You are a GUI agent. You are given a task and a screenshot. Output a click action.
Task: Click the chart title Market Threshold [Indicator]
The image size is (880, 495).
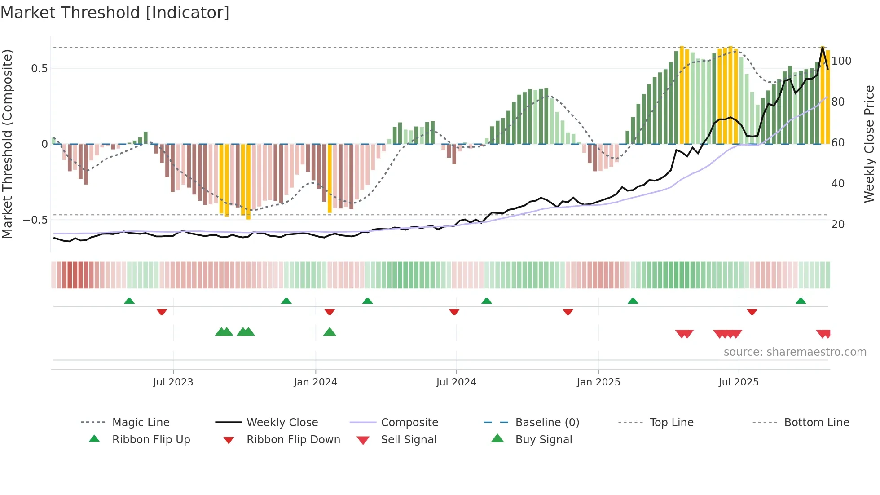[x=115, y=13]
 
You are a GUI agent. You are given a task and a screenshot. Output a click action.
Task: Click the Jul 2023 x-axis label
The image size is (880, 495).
[x=173, y=382]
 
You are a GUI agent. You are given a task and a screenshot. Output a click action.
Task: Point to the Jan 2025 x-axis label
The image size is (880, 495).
[x=598, y=382]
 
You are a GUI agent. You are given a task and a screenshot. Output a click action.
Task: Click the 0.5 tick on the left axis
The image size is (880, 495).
[x=39, y=69]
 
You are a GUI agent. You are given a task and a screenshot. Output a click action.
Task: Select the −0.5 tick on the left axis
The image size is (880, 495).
[x=35, y=220]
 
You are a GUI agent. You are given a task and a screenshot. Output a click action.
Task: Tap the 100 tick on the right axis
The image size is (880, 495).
[x=841, y=61]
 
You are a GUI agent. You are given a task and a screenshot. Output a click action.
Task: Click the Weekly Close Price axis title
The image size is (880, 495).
[x=869, y=144]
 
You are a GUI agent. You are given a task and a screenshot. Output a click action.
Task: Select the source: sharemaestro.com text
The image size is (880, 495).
[x=795, y=352]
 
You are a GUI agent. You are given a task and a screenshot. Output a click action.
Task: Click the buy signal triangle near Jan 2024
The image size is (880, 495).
[x=330, y=332]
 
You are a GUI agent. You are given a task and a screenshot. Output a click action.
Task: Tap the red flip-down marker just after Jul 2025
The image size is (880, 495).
[x=752, y=312]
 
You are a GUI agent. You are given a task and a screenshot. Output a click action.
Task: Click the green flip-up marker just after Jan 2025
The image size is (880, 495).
[x=633, y=301]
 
